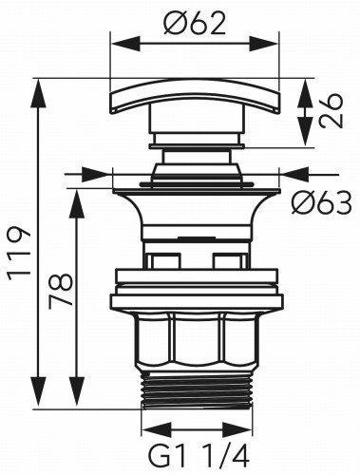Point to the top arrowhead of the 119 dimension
(x=39, y=85)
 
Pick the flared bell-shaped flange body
(x=197, y=214)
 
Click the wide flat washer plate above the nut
(x=197, y=302)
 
